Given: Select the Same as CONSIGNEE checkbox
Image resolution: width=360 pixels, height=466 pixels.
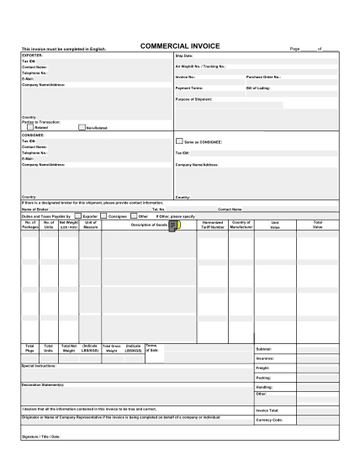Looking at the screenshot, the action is tap(178, 141).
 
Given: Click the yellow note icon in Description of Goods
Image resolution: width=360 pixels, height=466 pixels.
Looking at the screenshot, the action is tap(174, 225).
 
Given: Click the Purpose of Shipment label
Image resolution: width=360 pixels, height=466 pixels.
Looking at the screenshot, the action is tap(193, 99).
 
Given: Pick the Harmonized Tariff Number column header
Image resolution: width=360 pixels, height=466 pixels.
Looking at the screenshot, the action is tap(213, 225).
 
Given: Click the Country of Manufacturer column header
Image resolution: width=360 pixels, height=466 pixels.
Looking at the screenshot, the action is tap(241, 225).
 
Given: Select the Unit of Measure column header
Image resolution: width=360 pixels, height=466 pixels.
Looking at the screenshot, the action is tap(91, 225).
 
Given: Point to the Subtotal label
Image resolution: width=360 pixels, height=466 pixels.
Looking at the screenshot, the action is tap(263, 348).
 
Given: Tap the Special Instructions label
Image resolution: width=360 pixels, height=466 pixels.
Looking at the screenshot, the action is tap(39, 366).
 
